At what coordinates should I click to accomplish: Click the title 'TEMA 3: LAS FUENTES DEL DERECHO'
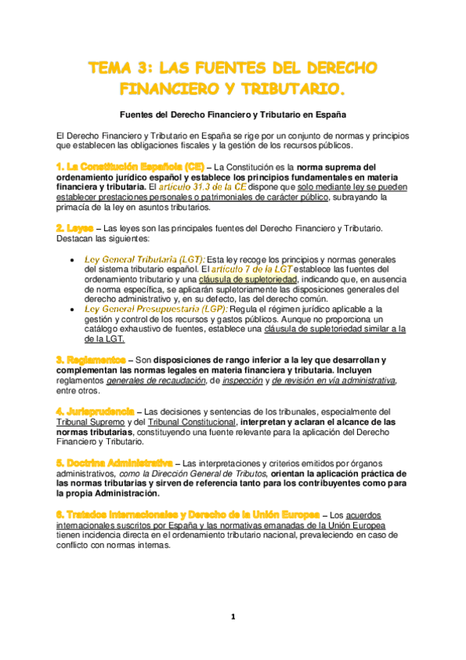pyautogui.click(x=233, y=68)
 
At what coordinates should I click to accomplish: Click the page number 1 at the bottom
pyautogui.click(x=233, y=617)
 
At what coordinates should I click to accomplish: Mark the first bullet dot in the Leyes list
pyautogui.click(x=72, y=259)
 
